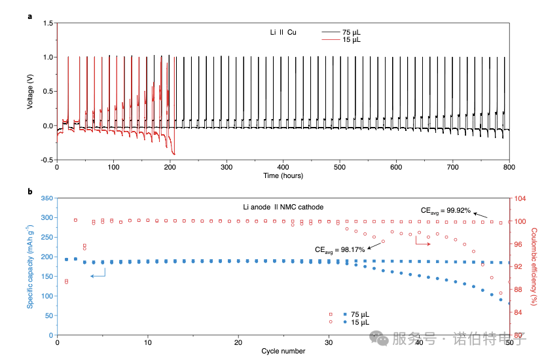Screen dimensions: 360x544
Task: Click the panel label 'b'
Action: pos(30,191)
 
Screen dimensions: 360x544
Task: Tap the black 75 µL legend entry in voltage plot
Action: pos(340,31)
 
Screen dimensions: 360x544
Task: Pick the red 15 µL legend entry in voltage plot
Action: pos(340,40)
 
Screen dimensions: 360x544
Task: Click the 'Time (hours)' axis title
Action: pos(283,175)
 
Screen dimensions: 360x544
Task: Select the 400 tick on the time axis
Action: pos(283,168)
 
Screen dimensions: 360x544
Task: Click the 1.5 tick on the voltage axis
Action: pos(48,24)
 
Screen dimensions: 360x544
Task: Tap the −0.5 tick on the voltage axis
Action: pos(46,160)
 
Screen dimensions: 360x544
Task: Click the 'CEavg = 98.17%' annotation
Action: pos(340,249)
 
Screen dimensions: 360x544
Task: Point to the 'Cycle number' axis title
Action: pos(283,351)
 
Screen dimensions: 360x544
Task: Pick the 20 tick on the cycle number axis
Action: pos(238,342)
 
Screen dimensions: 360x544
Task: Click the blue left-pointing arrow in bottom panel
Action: pos(97,277)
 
